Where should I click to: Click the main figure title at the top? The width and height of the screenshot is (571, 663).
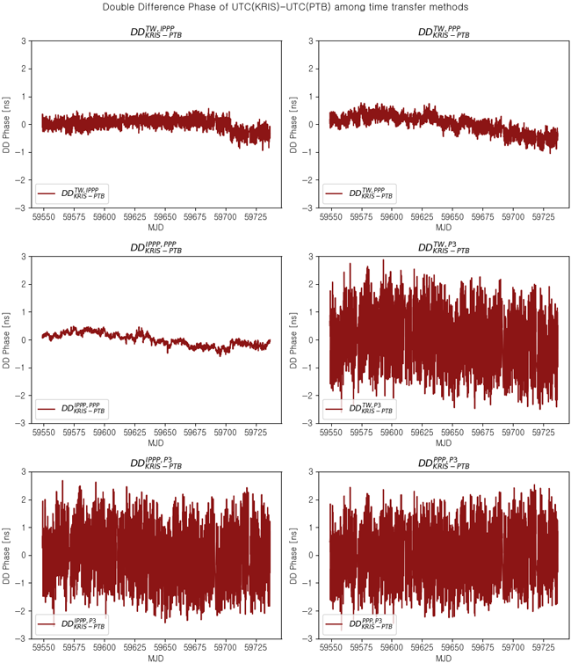285,7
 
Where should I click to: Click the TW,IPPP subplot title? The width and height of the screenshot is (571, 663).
156,32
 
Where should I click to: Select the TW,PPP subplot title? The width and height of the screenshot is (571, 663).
444,32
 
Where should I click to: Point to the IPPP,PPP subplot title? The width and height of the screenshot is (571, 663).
156,248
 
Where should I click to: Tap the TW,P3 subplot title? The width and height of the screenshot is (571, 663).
444,248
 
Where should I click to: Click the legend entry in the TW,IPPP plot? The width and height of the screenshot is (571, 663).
74,192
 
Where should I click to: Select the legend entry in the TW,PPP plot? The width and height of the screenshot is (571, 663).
361,192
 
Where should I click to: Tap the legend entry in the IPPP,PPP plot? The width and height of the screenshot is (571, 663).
74,408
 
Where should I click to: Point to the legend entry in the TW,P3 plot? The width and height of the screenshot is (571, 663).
361,408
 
